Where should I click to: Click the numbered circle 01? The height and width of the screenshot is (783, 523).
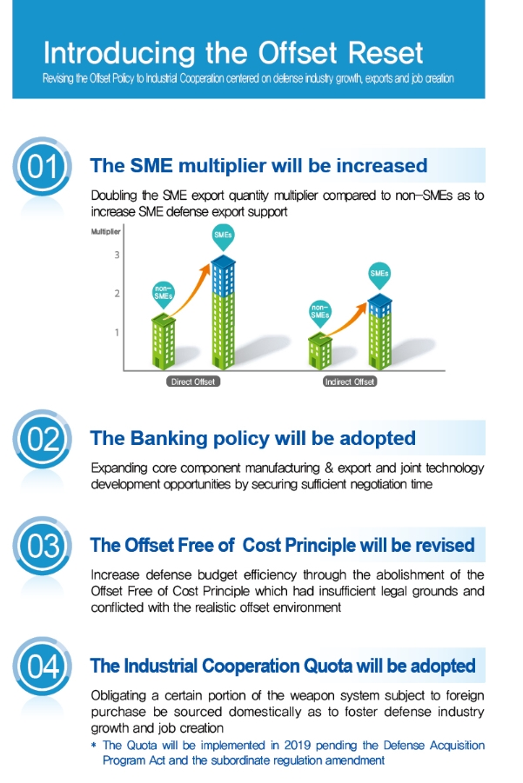click(x=42, y=166)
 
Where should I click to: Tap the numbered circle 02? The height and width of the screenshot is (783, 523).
click(x=42, y=439)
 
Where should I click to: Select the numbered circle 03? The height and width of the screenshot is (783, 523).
click(x=42, y=546)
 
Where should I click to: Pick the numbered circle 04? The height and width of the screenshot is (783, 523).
click(x=42, y=667)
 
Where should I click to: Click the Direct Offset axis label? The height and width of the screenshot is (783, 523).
click(x=193, y=382)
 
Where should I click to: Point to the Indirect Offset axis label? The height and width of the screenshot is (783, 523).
click(x=350, y=382)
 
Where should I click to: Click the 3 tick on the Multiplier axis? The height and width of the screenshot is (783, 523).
click(x=117, y=255)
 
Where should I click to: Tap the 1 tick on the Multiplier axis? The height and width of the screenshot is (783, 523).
click(x=117, y=332)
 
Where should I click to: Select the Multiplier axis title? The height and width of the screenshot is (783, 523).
click(x=105, y=232)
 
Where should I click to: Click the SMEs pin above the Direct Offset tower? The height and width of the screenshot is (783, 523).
click(x=223, y=236)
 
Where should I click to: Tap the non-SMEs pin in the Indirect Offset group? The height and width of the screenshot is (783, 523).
click(x=320, y=314)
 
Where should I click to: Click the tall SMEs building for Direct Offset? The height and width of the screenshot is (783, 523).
click(x=223, y=313)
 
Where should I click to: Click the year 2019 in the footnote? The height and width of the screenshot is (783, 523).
click(x=298, y=745)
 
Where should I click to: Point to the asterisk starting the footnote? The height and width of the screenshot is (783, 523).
click(x=93, y=746)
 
